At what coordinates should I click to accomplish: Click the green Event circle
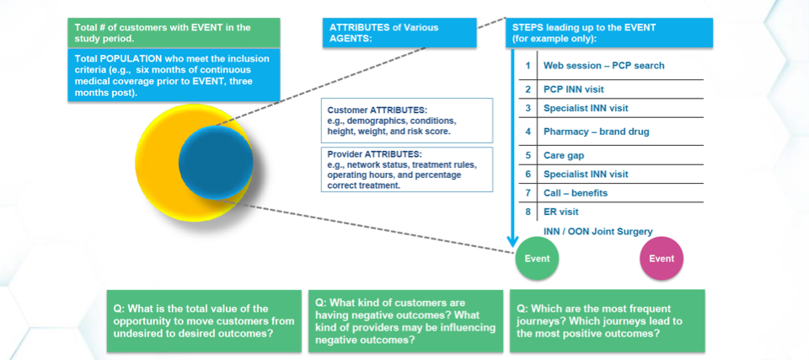[538, 258]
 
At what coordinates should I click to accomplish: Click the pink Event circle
[662, 258]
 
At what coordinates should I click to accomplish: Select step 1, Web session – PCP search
[603, 65]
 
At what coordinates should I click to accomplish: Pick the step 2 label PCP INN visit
[573, 89]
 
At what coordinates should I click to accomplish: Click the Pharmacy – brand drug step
[596, 132]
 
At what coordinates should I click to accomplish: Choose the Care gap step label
[564, 155]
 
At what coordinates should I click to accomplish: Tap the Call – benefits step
[575, 193]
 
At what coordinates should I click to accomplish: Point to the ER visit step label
[560, 212]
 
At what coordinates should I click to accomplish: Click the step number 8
[528, 212]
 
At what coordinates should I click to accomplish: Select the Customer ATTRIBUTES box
[406, 121]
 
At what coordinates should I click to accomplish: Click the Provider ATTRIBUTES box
[406, 169]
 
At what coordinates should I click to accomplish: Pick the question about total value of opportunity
[203, 320]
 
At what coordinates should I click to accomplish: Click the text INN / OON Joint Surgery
[597, 232]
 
